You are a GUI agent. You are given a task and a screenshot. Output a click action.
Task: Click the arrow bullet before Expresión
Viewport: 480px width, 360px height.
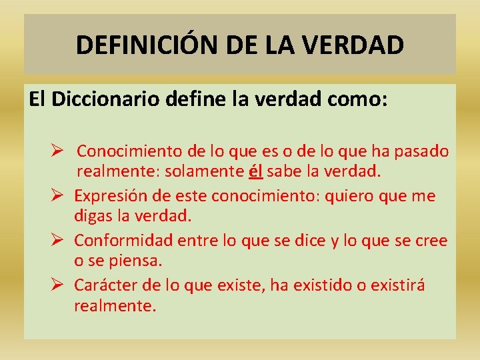[x=57, y=197]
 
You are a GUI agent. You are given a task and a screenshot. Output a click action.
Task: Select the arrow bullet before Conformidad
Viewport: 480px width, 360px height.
[x=57, y=241]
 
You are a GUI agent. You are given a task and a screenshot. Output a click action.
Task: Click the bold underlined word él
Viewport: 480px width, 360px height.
[x=256, y=171]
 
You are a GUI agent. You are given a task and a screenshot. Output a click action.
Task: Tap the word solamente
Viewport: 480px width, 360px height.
[x=209, y=171]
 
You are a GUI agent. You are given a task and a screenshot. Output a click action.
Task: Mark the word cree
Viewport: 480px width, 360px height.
[x=431, y=240]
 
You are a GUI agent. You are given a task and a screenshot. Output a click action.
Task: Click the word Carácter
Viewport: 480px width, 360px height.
[x=105, y=285]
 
